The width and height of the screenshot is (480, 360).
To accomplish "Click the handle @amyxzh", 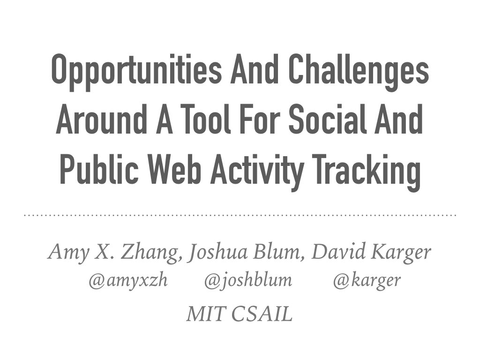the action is click(128, 281).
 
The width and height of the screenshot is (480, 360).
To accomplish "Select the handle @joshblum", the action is click(248, 281).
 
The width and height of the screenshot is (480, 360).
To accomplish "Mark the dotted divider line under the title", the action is click(240, 216).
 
